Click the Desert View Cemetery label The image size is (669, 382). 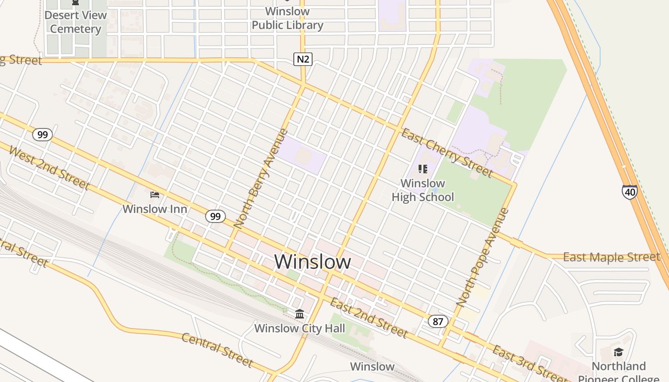(x=76, y=22)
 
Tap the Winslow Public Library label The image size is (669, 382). (x=287, y=18)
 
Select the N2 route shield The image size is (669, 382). (x=302, y=59)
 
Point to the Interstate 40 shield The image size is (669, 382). (x=629, y=192)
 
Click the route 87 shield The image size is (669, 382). (x=438, y=321)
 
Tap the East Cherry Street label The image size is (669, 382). (x=446, y=152)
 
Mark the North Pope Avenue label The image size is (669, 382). (x=483, y=257)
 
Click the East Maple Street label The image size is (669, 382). (x=611, y=257)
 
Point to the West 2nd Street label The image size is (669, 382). (x=49, y=168)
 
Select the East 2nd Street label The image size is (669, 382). (x=368, y=317)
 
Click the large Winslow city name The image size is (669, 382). (x=313, y=262)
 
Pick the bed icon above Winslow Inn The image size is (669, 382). (x=155, y=195)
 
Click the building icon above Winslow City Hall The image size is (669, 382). (x=300, y=314)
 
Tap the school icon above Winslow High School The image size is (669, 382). (x=422, y=169)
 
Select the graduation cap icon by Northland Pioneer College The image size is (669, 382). (x=618, y=352)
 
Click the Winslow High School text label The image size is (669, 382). (x=423, y=190)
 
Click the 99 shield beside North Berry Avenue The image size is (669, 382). (x=216, y=216)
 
